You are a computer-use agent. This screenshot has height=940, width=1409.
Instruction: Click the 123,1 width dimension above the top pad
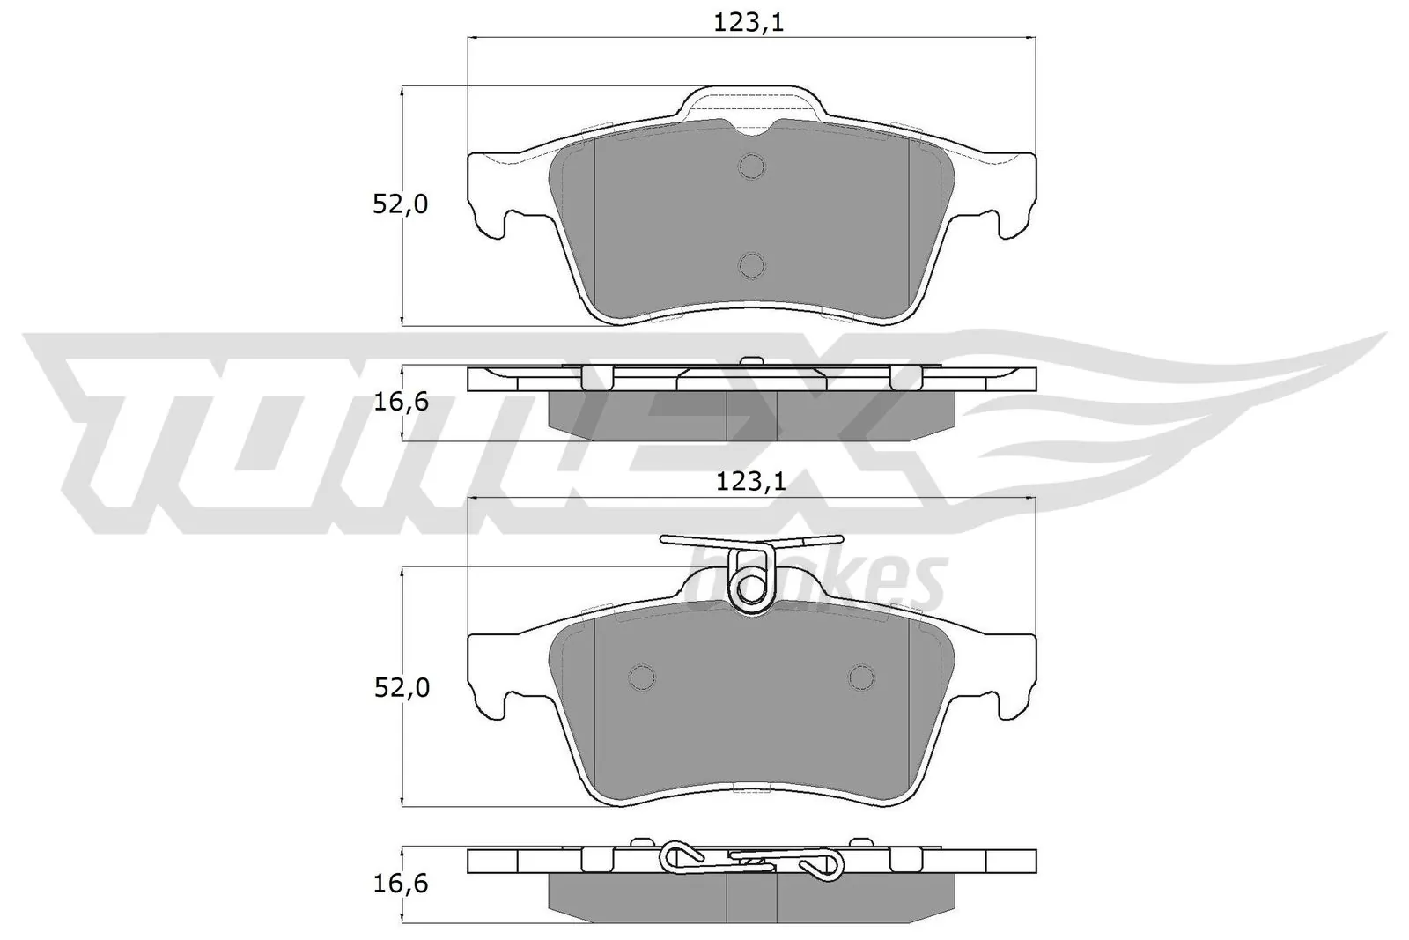(749, 24)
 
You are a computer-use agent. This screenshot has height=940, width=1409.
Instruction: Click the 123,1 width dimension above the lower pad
(749, 482)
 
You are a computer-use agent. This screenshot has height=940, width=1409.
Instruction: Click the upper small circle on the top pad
(751, 166)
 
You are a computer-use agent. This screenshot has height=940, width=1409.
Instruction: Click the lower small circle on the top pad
(751, 264)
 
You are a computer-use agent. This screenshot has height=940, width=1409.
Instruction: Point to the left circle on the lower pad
(643, 677)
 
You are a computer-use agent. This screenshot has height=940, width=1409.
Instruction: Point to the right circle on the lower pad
(861, 677)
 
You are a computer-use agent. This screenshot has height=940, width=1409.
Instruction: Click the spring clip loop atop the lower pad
(751, 583)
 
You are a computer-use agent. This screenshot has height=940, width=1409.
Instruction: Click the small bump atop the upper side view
(751, 360)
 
